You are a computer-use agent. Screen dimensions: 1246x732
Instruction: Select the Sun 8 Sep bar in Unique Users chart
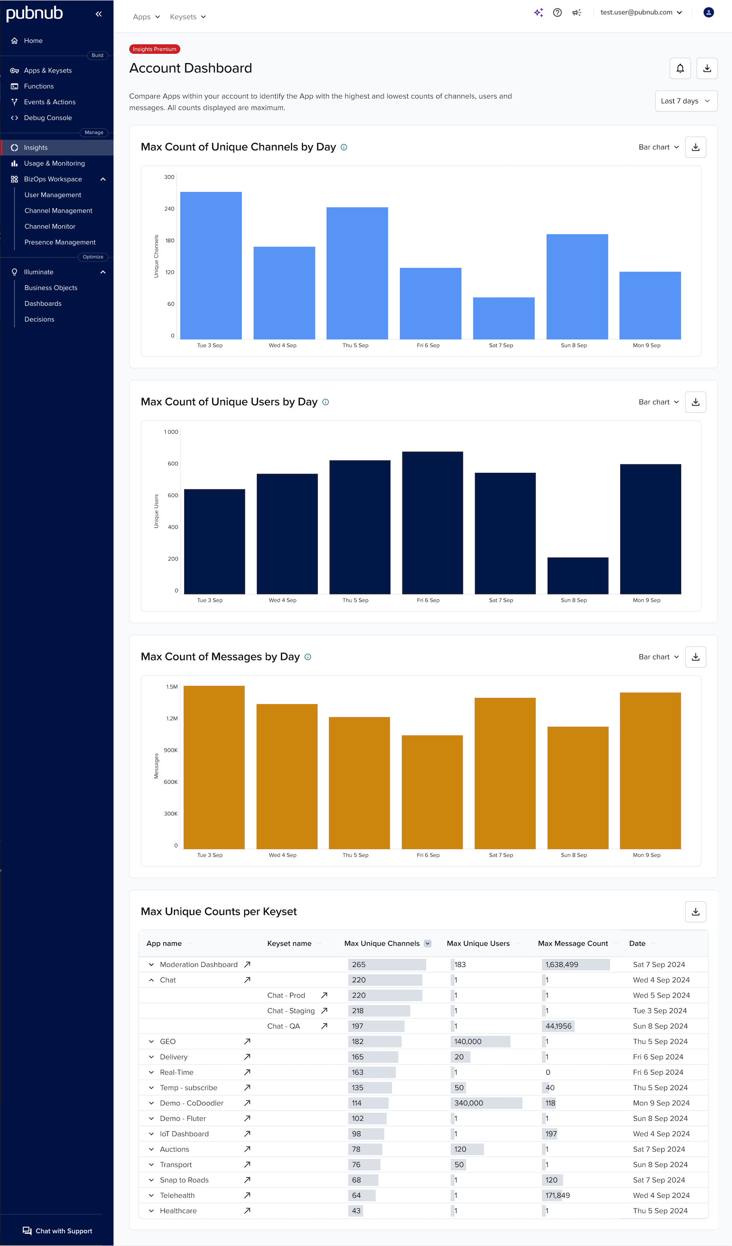pos(578,576)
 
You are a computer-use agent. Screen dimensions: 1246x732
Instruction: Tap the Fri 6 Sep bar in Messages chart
pos(432,792)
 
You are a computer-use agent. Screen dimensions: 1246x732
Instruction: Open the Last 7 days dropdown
pos(686,101)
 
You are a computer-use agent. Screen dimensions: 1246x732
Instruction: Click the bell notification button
pos(680,68)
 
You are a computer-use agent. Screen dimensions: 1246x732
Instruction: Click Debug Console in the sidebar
pos(47,118)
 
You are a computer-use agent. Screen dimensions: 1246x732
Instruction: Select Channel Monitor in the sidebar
pos(50,227)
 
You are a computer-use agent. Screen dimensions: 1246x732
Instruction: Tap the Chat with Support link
pos(58,1231)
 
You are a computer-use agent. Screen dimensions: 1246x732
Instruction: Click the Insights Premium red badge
pos(154,50)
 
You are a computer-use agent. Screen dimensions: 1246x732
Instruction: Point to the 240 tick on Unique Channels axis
pos(169,209)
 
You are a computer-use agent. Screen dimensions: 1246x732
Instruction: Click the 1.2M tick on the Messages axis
pos(172,719)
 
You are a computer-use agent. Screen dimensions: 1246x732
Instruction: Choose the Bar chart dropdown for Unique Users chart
pos(658,402)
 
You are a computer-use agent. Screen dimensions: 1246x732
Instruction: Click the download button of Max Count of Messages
pos(695,657)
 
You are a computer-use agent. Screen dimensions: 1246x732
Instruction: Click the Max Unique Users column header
pos(478,943)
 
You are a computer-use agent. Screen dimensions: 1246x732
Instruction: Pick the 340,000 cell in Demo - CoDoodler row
pos(469,1103)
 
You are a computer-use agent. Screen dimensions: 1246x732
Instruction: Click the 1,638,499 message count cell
pos(561,965)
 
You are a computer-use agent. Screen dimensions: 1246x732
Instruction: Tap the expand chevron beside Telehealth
pos(151,1196)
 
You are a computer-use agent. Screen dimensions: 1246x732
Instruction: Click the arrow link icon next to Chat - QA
pos(324,1026)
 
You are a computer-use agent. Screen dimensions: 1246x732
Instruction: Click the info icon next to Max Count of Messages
pos(308,657)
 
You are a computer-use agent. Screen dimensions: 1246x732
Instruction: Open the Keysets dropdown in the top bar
pos(188,17)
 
